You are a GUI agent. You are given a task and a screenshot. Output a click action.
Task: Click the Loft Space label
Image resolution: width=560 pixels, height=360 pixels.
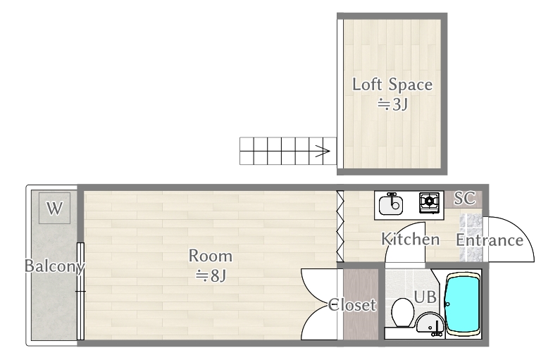click(392, 85)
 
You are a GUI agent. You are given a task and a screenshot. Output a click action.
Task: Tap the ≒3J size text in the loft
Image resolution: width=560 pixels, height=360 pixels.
click(392, 106)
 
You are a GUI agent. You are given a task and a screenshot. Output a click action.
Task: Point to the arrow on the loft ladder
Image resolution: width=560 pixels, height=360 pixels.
click(323, 151)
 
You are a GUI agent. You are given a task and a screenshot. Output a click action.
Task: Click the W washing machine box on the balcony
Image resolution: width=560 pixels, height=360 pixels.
click(54, 208)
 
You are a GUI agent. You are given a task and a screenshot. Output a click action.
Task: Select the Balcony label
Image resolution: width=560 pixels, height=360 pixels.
click(54, 266)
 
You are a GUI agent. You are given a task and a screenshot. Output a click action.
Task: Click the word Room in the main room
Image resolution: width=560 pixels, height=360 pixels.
click(210, 256)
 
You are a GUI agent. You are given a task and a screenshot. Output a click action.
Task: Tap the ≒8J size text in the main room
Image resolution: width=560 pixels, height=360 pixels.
click(210, 275)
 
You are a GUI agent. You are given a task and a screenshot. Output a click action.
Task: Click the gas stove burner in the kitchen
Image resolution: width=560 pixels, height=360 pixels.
click(429, 202)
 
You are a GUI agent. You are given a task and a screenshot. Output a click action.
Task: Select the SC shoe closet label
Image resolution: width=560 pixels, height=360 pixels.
click(464, 198)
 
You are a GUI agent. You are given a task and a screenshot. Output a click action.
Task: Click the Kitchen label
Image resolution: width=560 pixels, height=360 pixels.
click(410, 240)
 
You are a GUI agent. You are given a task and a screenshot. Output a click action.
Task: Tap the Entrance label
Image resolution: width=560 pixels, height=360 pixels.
click(490, 240)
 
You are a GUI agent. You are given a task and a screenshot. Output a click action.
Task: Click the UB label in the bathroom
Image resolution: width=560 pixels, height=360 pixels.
click(425, 297)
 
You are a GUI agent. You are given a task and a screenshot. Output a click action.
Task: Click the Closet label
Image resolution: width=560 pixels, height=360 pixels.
click(353, 306)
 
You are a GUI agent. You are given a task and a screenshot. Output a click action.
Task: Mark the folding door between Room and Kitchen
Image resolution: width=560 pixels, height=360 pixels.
click(340, 225)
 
